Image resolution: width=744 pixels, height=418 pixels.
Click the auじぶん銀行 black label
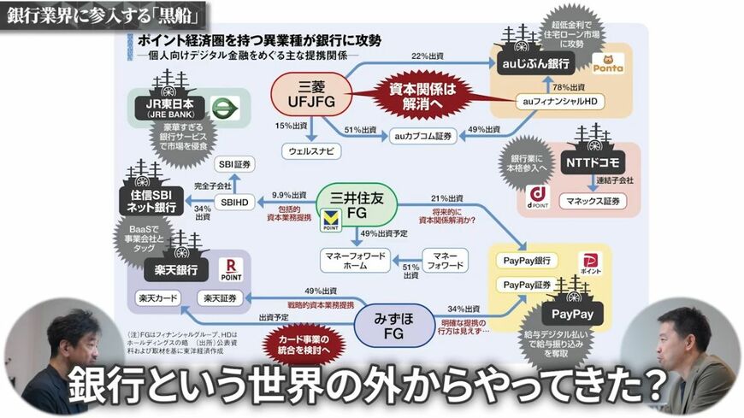[535, 63]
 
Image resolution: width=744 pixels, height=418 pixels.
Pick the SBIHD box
[235, 202]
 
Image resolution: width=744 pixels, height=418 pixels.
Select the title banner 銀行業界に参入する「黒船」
[105, 15]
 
